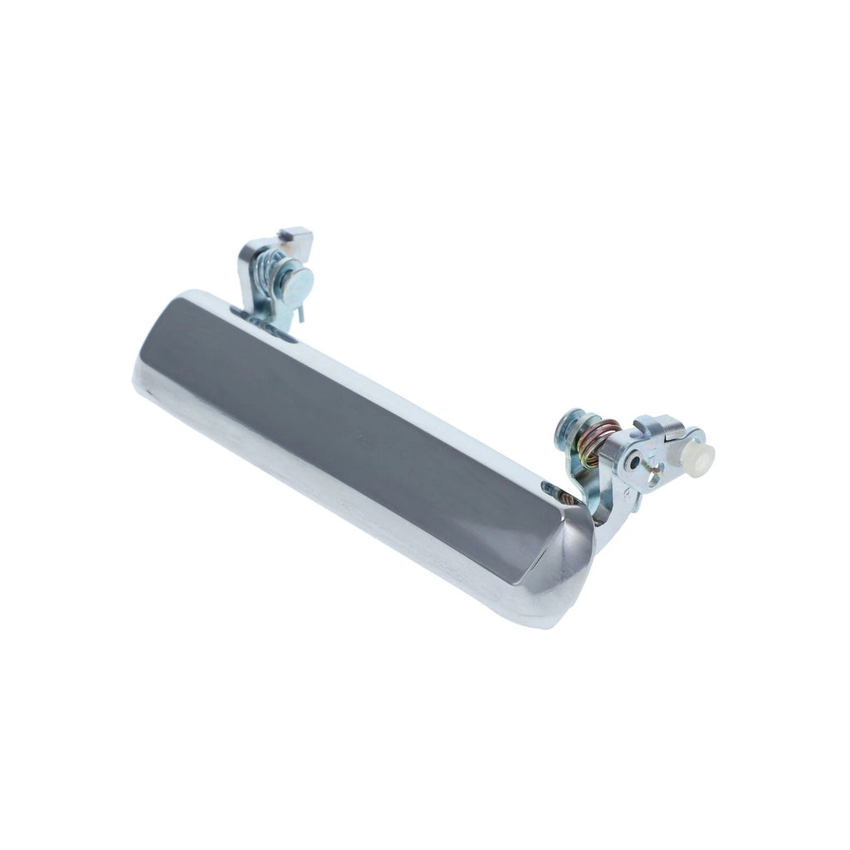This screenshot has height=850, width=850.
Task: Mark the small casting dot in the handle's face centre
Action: (x=359, y=432)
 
